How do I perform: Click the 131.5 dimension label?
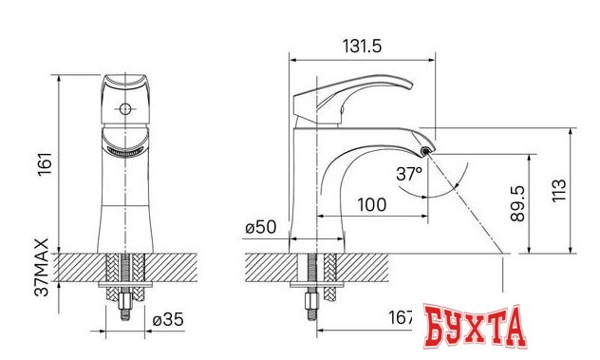tap(362, 47)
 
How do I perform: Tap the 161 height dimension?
tap(46, 164)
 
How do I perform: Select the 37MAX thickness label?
tap(42, 267)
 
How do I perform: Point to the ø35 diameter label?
tap(168, 319)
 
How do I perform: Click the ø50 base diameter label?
tap(260, 227)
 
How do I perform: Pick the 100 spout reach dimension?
tap(371, 205)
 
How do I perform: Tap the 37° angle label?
tap(409, 174)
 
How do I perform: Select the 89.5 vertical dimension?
tap(517, 203)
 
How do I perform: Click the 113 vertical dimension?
tap(558, 190)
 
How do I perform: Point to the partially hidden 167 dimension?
tap(401, 317)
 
